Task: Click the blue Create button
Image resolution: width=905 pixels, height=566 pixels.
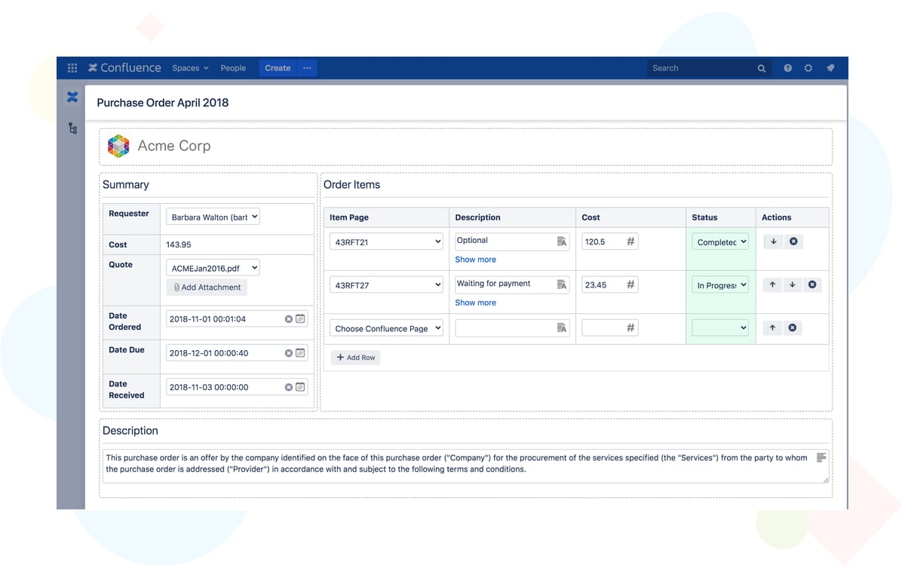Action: click(278, 68)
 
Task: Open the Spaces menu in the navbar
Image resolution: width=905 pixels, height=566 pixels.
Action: click(190, 68)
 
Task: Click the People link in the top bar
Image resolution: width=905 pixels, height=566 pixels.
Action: click(233, 68)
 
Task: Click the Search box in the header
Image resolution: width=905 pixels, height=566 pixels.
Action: click(701, 68)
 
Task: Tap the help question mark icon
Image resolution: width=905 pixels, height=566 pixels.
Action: click(787, 68)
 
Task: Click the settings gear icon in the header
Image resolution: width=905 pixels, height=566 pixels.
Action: click(808, 68)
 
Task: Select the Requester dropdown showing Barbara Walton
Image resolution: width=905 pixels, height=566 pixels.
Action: click(213, 217)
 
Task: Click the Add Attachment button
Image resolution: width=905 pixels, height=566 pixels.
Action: click(207, 288)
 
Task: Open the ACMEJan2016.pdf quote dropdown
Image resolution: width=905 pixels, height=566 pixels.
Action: click(213, 267)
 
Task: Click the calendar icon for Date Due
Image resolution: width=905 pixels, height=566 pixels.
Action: click(300, 353)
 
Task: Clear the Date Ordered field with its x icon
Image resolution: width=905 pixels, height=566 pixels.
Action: click(288, 319)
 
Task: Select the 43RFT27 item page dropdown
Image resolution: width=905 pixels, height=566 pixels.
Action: click(385, 285)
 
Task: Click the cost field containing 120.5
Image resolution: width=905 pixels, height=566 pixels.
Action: click(604, 242)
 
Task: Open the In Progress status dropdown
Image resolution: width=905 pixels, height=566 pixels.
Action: click(720, 285)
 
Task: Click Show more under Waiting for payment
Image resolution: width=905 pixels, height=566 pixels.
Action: click(475, 303)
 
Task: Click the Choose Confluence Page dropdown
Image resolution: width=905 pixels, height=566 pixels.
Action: click(385, 328)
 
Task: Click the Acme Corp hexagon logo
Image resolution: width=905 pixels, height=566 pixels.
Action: click(118, 146)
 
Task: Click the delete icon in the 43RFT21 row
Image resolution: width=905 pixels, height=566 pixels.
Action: click(793, 242)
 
